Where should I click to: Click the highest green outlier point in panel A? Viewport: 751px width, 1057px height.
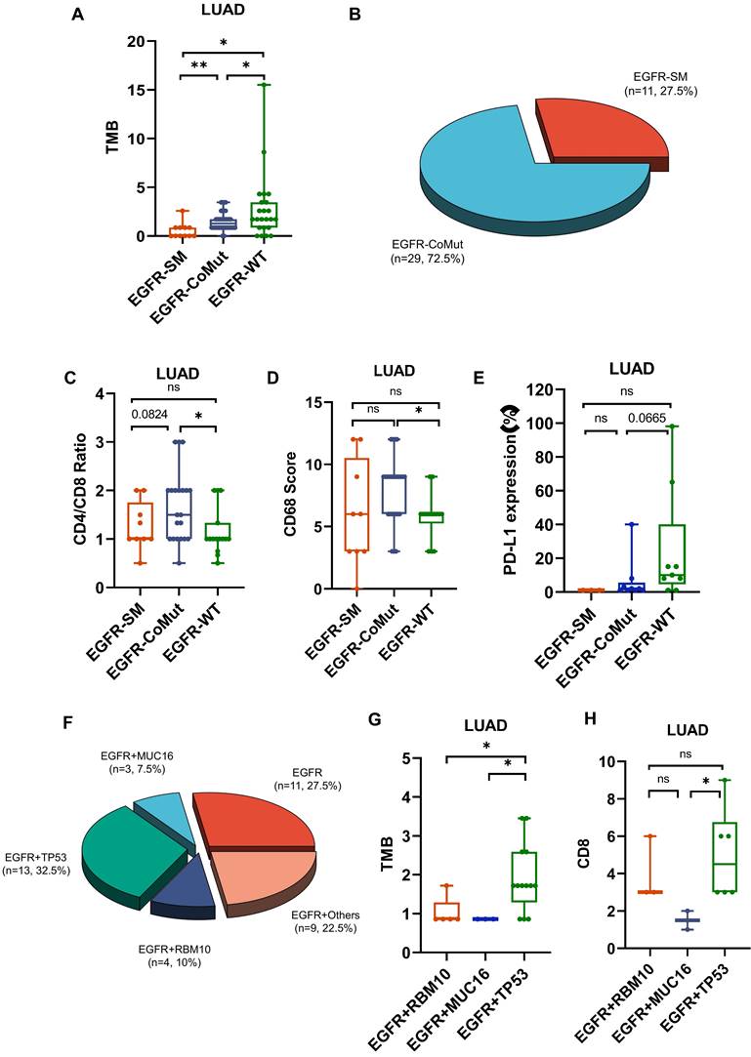pyautogui.click(x=264, y=85)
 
